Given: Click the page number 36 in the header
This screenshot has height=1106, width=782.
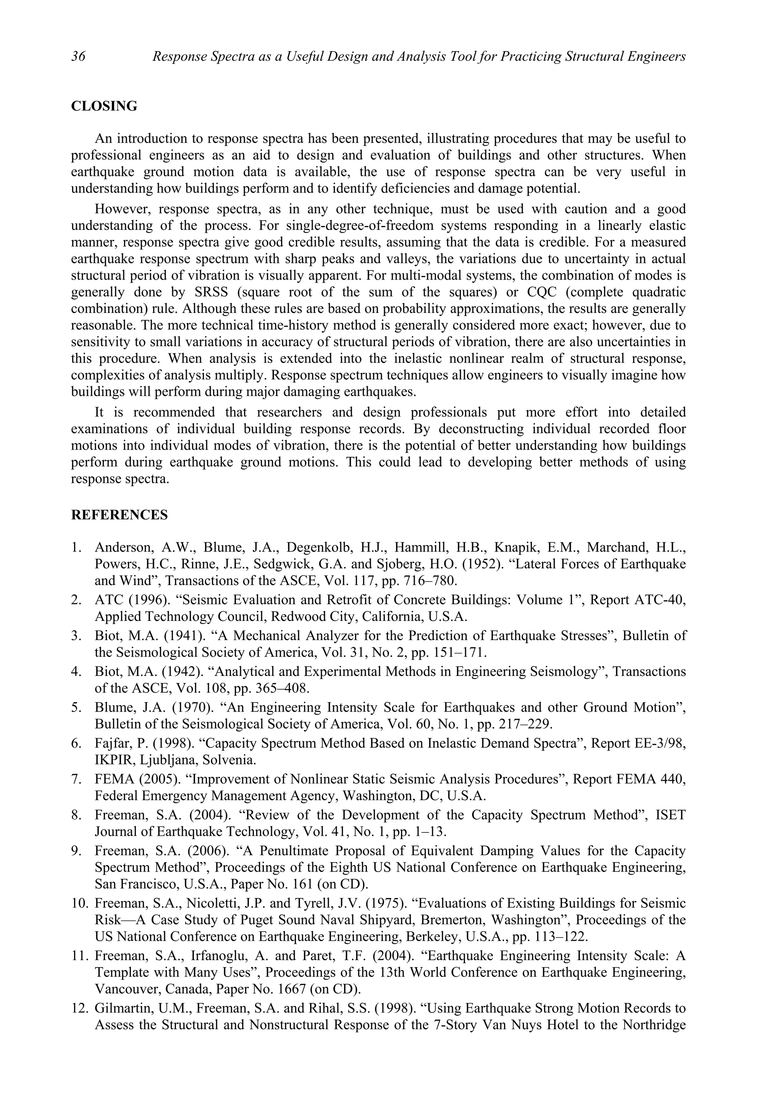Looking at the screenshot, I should tap(78, 57).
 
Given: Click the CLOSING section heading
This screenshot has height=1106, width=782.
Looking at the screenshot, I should tap(104, 106).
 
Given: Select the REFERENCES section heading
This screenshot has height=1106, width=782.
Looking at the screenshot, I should tap(120, 515).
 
